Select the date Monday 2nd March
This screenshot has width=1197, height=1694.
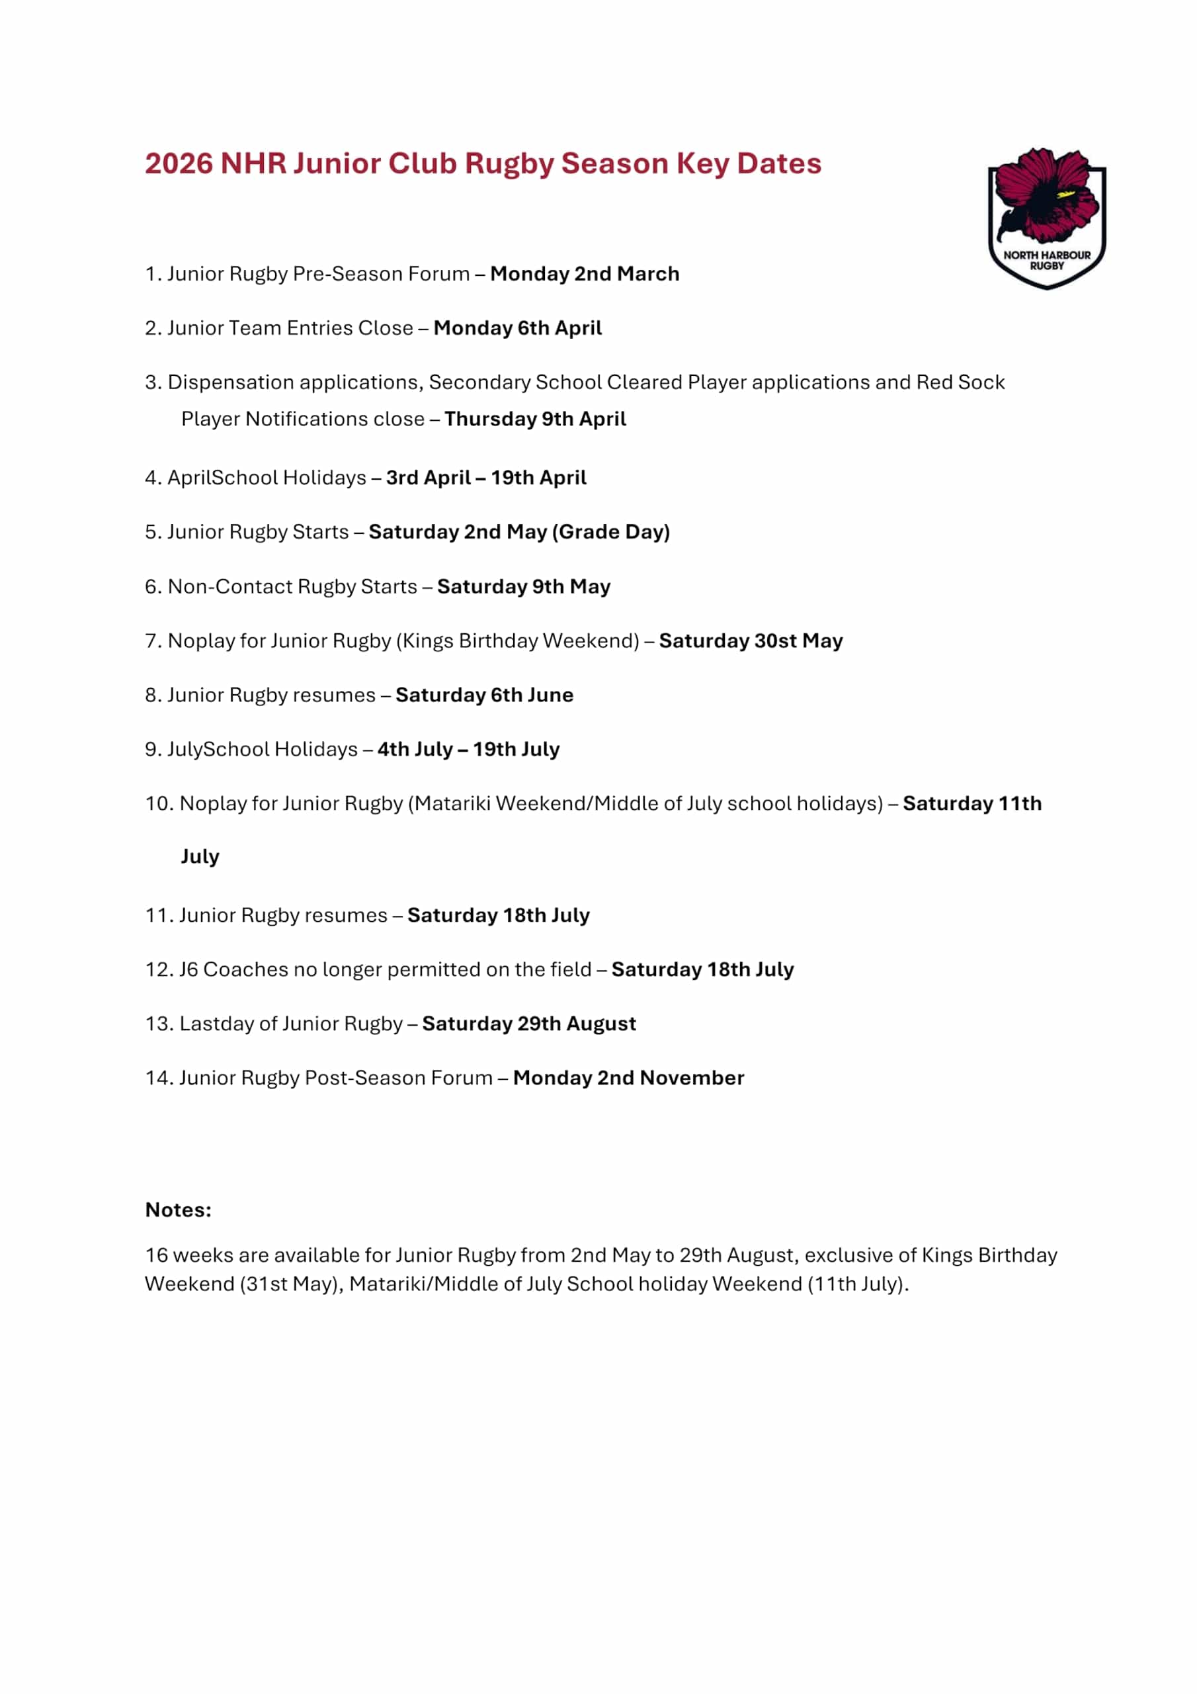pos(584,274)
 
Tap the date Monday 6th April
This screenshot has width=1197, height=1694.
pos(517,328)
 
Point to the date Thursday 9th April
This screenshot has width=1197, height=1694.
pos(535,418)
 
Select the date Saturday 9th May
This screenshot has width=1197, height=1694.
pos(523,586)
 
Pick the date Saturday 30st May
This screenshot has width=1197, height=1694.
pos(750,641)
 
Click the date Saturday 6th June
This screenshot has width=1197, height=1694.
pos(484,695)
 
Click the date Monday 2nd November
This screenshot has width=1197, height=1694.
pos(628,1078)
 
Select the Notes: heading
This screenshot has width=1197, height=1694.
pos(178,1210)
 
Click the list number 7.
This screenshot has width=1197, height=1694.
pos(152,641)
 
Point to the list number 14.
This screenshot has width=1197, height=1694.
pos(158,1078)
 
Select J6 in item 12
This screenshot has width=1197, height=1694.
pos(188,969)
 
